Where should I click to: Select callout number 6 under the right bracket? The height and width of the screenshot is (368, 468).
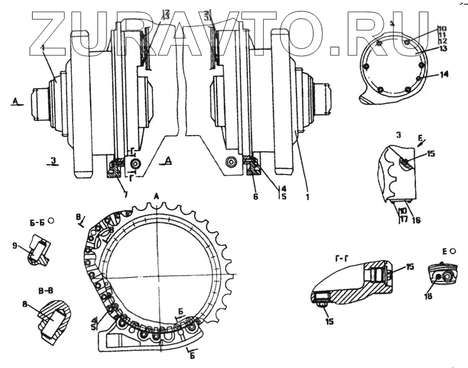pyautogui.click(x=255, y=197)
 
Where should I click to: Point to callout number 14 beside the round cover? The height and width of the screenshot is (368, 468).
pyautogui.click(x=444, y=75)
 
